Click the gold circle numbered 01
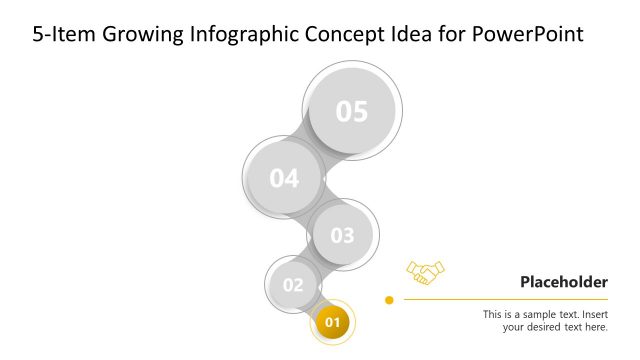click(x=333, y=322)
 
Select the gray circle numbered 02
click(x=292, y=285)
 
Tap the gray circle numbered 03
click(x=342, y=236)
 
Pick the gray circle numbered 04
click(x=284, y=179)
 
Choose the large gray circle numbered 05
click(x=352, y=111)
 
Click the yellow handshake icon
click(x=425, y=271)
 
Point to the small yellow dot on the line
click(x=389, y=299)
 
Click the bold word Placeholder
click(x=563, y=282)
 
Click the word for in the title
click(x=456, y=34)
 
